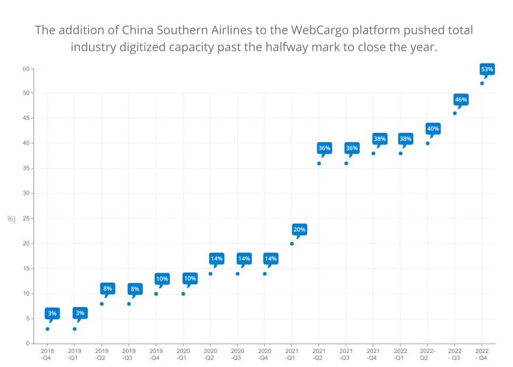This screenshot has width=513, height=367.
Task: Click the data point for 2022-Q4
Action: pyautogui.click(x=482, y=83)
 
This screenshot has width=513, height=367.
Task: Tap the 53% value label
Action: pyautogui.click(x=487, y=69)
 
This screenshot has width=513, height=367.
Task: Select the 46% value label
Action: pyautogui.click(x=461, y=100)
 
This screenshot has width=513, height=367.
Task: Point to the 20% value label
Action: pyautogui.click(x=299, y=230)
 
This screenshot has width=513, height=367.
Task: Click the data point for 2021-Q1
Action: pyautogui.click(x=292, y=244)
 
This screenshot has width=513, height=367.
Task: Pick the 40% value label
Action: pyautogui.click(x=433, y=129)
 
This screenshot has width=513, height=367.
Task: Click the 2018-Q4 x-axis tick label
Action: pyautogui.click(x=47, y=354)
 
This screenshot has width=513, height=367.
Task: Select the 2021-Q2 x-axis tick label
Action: pyautogui.click(x=319, y=354)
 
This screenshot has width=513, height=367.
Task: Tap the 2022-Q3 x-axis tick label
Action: pyautogui.click(x=455, y=354)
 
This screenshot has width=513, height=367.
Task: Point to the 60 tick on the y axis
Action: pyautogui.click(x=26, y=69)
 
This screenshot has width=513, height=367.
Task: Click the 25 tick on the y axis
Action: pyautogui.click(x=26, y=218)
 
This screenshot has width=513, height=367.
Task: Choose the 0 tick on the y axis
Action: pyautogui.click(x=27, y=344)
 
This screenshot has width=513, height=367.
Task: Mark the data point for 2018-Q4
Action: pyautogui.click(x=47, y=329)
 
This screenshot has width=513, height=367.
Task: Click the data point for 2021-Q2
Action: pyautogui.click(x=319, y=163)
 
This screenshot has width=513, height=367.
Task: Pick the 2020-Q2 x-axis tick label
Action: pyautogui.click(x=210, y=354)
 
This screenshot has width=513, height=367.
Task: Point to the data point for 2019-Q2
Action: pyautogui.click(x=101, y=304)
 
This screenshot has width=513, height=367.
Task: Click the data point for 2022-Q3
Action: pyautogui.click(x=455, y=113)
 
